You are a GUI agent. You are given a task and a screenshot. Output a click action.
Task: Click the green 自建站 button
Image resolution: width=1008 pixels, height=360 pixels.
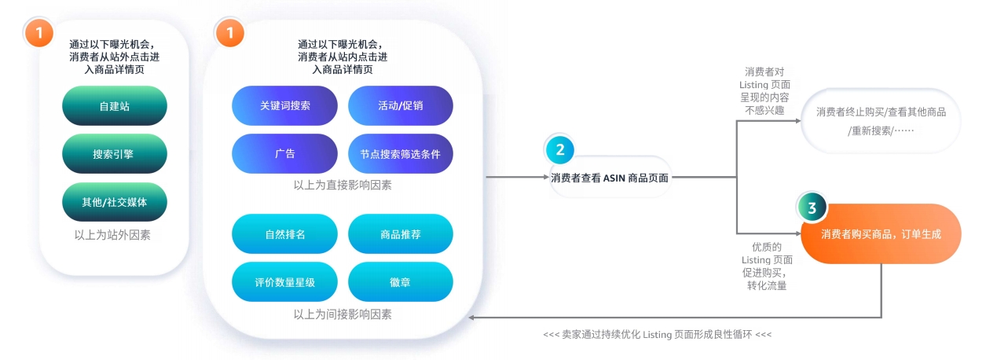click(114, 106)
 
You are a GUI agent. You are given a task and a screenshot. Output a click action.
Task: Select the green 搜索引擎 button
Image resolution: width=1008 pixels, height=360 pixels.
click(114, 154)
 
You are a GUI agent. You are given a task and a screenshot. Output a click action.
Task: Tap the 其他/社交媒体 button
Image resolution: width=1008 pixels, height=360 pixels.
click(114, 202)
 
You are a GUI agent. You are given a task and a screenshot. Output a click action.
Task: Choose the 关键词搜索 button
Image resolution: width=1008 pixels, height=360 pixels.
click(284, 105)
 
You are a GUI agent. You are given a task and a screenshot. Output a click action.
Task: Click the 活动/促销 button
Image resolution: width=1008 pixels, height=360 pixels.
click(400, 105)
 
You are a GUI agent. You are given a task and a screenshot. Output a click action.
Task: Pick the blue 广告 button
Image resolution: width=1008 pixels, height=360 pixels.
click(284, 154)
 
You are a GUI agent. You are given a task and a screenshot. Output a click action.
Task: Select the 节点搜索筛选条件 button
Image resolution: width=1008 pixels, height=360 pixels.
click(400, 154)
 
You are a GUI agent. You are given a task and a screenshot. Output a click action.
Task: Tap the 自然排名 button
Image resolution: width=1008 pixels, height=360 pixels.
click(284, 234)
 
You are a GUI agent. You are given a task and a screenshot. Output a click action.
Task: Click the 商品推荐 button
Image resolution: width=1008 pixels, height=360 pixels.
click(400, 234)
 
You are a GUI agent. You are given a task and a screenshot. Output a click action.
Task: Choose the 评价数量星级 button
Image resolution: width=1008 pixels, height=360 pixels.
click(284, 282)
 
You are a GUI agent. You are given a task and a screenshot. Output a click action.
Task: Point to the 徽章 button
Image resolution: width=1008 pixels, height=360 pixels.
click(400, 282)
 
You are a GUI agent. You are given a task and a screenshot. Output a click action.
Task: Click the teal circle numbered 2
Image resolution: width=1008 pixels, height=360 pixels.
click(559, 149)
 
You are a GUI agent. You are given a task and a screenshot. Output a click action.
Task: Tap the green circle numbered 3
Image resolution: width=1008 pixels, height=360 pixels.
click(812, 208)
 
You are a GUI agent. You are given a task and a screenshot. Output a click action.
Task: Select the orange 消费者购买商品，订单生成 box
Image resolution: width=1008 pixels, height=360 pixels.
click(881, 234)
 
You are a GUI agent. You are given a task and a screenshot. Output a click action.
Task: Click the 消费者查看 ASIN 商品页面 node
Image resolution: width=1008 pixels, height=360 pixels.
click(610, 178)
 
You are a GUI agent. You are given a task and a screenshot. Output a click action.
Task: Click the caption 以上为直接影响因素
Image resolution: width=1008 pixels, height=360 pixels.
click(342, 186)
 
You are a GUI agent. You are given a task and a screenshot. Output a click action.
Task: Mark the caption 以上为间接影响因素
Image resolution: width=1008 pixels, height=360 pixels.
click(342, 314)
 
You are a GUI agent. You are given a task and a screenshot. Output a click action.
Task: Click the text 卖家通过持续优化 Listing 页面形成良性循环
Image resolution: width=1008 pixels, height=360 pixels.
click(657, 334)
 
